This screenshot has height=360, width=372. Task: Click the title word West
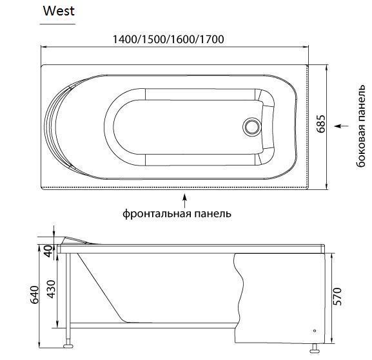click(59, 11)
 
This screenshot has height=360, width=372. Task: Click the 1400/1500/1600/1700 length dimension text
click(168, 39)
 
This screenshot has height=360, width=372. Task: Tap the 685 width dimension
click(321, 124)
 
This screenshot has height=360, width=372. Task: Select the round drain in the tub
click(251, 127)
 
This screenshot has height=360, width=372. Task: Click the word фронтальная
click(157, 214)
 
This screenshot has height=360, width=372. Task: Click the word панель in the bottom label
click(213, 213)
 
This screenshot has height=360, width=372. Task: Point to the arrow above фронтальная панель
click(184, 200)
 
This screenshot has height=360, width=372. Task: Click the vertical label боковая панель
click(361, 126)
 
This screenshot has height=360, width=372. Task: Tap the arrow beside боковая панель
click(342, 126)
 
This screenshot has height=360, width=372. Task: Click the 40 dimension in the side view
click(48, 251)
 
